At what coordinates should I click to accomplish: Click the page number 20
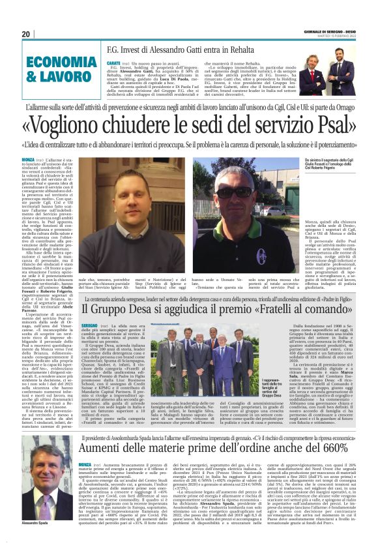click(26, 35)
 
